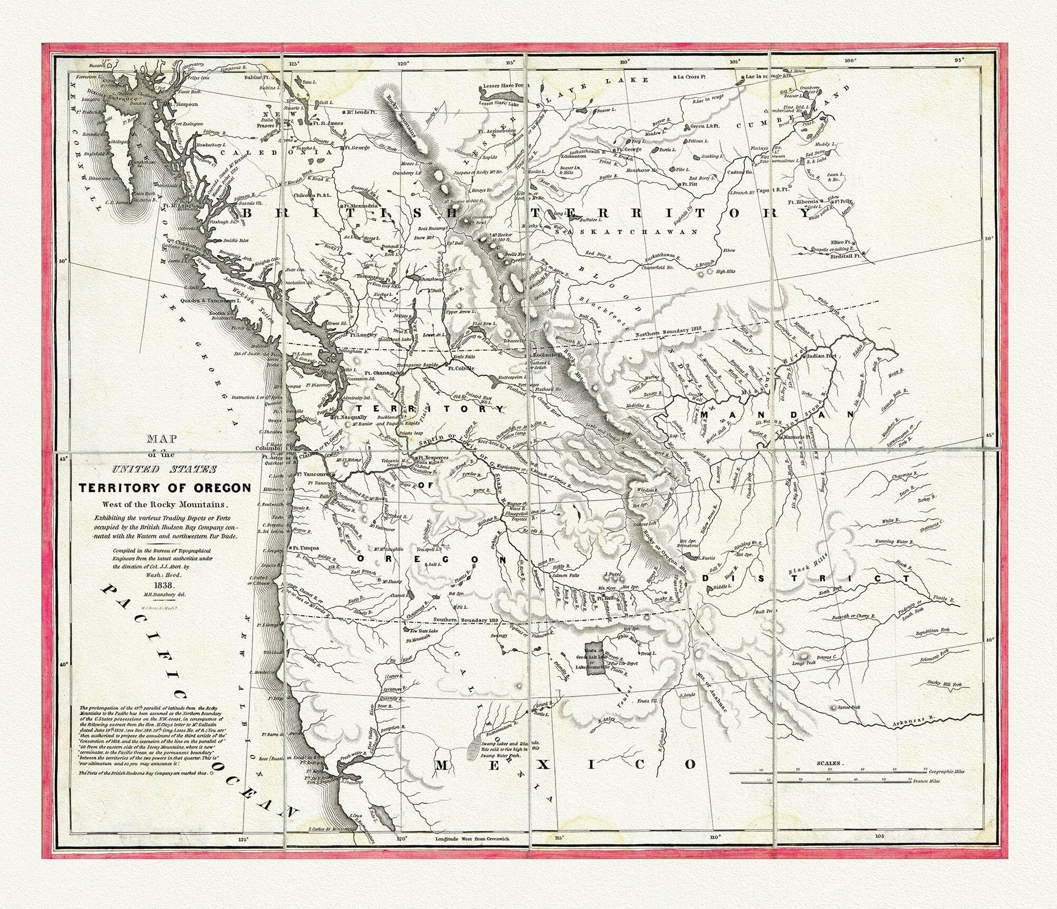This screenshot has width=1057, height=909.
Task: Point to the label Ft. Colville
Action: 461,368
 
